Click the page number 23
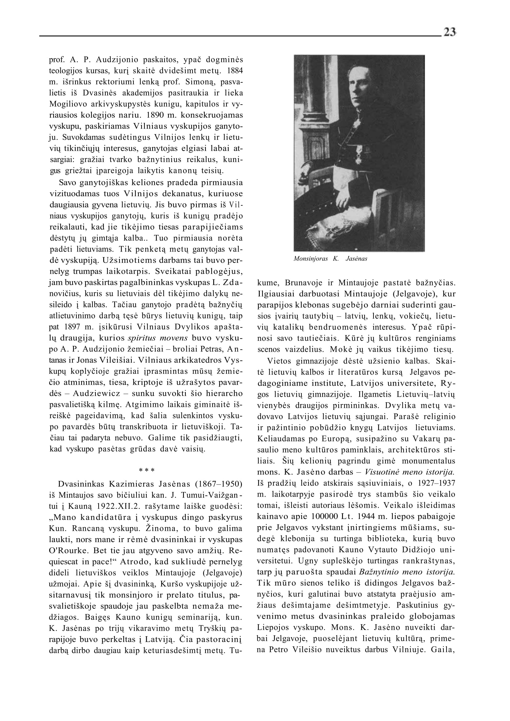450,32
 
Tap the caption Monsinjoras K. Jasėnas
330,259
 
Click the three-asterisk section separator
146,471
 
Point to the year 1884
235,71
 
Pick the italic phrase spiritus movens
158,338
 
